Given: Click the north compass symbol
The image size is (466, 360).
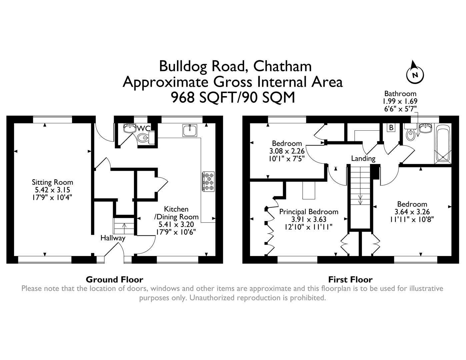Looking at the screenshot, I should pyautogui.click(x=415, y=74).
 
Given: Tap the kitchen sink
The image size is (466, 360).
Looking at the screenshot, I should pyautogui.click(x=190, y=130).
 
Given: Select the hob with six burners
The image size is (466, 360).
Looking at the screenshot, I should pyautogui.click(x=208, y=181).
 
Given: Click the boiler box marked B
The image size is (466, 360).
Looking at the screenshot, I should pyautogui.click(x=391, y=128).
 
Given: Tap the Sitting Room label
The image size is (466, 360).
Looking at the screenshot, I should pyautogui.click(x=52, y=182).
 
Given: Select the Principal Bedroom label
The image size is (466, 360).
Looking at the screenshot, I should pyautogui.click(x=309, y=212).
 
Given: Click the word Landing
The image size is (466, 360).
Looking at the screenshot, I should pyautogui.click(x=363, y=158).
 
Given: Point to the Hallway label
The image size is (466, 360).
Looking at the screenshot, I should pyautogui.click(x=113, y=238).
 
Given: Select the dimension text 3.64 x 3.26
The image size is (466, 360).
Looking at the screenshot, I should pyautogui.click(x=412, y=212).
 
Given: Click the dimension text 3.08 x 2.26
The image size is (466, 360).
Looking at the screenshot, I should pyautogui.click(x=287, y=151).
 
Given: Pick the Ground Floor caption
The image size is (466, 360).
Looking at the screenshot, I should pyautogui.click(x=114, y=279).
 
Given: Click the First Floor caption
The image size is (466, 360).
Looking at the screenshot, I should pyautogui.click(x=350, y=279).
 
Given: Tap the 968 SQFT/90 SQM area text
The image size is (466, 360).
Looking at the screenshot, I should pyautogui.click(x=233, y=98).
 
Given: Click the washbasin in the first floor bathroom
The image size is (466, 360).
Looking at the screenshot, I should pyautogui.click(x=425, y=128).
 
